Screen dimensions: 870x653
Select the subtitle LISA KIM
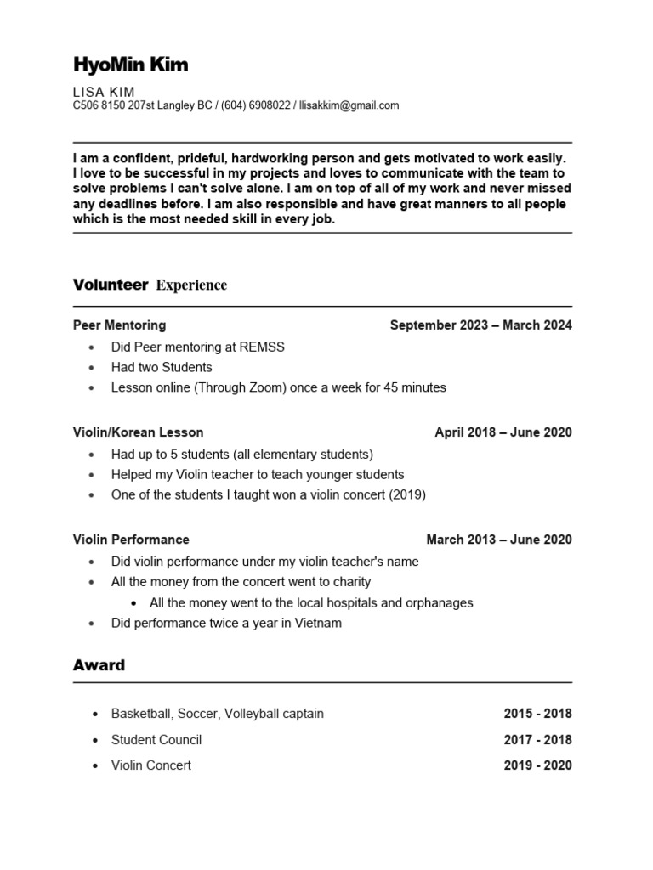(x=104, y=92)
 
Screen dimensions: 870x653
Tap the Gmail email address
(x=349, y=106)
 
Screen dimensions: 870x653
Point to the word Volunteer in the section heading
(x=111, y=285)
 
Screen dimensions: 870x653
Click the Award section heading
(x=99, y=665)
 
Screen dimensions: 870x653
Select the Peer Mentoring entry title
(x=119, y=325)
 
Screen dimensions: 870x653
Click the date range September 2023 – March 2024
(x=480, y=325)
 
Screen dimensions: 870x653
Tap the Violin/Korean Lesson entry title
(x=138, y=432)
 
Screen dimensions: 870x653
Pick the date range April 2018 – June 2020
(x=503, y=432)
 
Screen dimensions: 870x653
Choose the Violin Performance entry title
(x=131, y=540)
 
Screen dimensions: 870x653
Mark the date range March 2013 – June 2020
(x=499, y=540)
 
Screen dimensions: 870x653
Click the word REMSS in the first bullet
(x=264, y=347)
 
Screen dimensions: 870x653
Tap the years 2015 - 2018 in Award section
(x=537, y=714)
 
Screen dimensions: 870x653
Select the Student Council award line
(x=156, y=740)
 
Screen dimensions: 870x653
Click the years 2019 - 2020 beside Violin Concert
(x=537, y=765)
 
